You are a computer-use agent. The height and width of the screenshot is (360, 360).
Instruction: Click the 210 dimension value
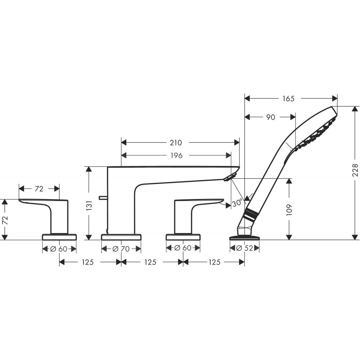[176, 143]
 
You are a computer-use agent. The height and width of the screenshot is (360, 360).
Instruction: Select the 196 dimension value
[176, 156]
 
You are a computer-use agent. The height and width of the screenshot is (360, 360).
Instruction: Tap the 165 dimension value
[288, 98]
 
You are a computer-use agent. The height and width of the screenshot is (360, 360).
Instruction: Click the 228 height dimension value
[355, 170]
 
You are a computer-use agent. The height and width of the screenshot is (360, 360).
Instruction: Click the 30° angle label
[237, 203]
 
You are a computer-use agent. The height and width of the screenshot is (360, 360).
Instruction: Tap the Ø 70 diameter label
[121, 249]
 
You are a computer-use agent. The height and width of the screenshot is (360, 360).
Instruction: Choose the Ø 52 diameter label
[244, 248]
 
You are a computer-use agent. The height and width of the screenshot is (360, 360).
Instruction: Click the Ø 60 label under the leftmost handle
[59, 249]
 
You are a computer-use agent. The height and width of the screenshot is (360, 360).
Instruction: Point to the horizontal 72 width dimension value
[39, 189]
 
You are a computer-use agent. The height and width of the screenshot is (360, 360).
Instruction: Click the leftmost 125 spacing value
[87, 262]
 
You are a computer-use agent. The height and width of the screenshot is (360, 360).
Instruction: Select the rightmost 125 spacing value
[214, 262]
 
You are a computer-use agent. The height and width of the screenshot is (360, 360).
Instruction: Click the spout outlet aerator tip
[230, 177]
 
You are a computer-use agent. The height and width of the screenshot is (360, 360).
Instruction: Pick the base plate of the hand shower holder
[245, 237]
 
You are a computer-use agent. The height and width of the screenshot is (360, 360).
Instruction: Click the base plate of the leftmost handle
[59, 237]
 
